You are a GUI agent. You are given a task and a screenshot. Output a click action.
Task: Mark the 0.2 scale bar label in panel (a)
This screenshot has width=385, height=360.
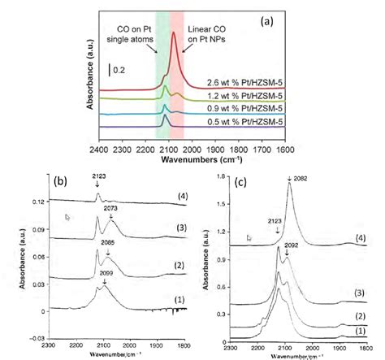tap(120, 69)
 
